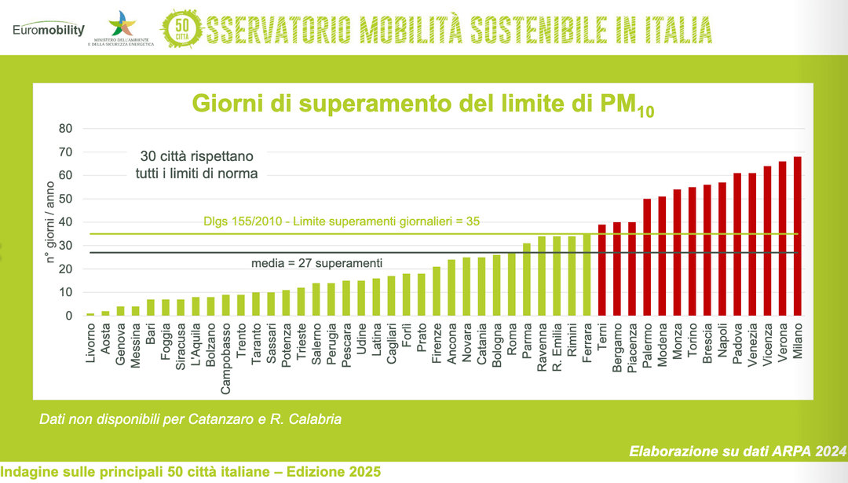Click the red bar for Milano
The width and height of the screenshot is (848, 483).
point(798,236)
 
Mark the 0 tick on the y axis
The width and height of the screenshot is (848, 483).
point(68,316)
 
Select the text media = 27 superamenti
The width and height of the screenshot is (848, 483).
point(316,262)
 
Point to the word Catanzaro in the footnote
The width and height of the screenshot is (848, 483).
point(216,420)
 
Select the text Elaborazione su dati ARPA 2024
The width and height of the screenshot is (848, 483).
point(737,452)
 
